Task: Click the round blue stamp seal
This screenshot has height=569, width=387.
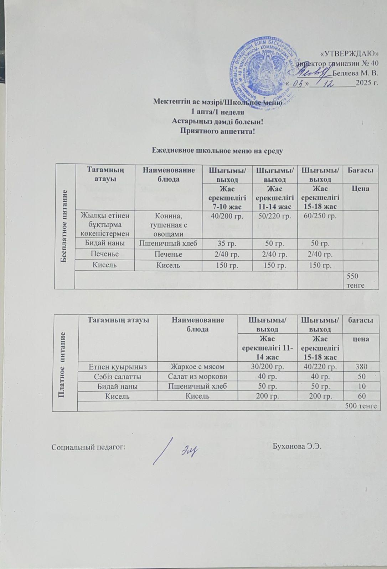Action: [263, 72]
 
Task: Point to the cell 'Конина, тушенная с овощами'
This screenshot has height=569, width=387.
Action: [167, 224]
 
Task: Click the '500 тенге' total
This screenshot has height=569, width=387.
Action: [361, 405]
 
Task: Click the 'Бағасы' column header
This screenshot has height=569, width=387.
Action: [360, 171]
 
